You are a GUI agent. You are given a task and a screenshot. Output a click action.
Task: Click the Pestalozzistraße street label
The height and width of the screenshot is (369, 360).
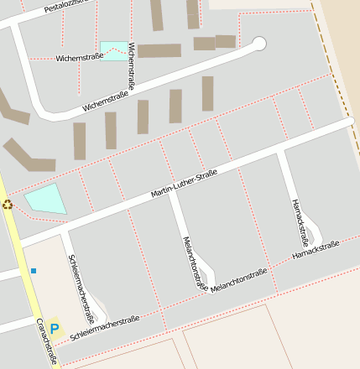click(67, 6)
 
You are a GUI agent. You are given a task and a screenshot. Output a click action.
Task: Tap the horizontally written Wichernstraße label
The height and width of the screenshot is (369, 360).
click(80, 57)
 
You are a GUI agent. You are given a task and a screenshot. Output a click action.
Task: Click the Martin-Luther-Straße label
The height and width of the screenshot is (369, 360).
click(184, 184)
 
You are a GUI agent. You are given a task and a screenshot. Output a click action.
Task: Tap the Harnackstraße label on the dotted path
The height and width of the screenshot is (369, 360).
click(316, 249)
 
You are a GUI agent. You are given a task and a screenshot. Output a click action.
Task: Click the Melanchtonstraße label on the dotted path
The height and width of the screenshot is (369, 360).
click(239, 279)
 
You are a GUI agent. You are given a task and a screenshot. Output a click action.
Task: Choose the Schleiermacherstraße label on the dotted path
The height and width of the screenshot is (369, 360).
click(105, 328)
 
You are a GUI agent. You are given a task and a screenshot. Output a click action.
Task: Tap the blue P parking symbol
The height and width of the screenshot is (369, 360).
click(55, 329)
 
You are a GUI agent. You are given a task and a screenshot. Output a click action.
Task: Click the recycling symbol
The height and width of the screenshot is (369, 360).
click(8, 204)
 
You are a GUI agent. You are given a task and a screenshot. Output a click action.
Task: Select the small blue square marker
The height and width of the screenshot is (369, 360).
click(34, 270)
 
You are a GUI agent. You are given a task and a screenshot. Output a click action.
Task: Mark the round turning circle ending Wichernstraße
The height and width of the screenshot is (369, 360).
click(259, 44)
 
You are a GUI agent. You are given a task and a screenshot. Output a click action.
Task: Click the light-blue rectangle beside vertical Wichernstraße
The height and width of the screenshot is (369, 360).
click(113, 50)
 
